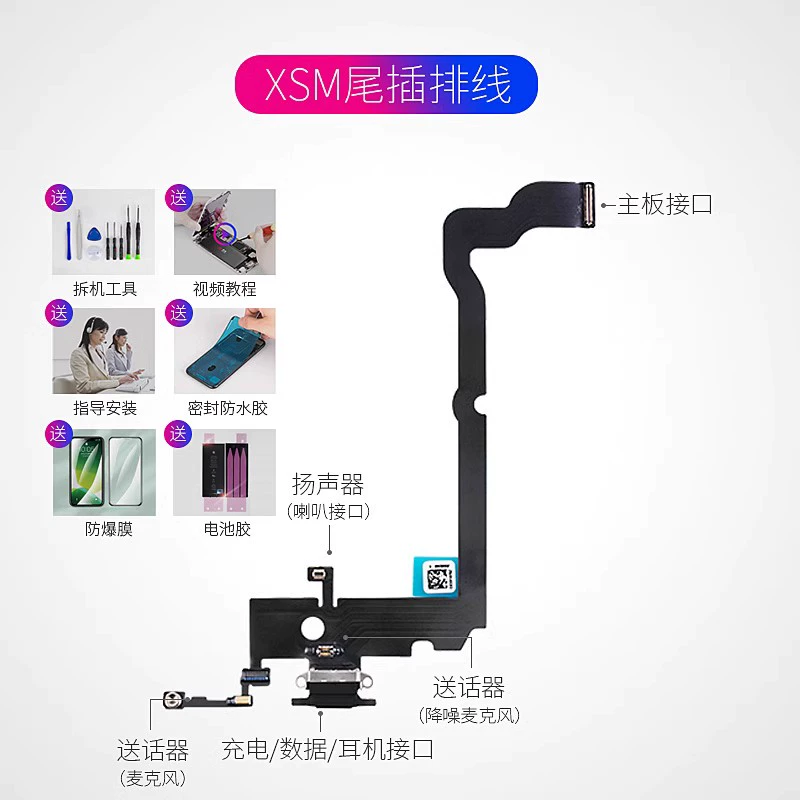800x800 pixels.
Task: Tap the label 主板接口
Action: [664, 205]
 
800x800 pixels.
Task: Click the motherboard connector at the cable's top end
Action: [588, 206]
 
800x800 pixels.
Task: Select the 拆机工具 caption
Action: [105, 289]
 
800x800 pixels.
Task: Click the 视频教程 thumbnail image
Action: [226, 232]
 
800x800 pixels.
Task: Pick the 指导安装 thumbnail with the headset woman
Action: [104, 350]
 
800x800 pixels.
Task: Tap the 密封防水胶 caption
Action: [227, 408]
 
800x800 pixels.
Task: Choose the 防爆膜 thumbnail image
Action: [104, 472]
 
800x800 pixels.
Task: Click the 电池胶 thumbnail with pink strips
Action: [226, 472]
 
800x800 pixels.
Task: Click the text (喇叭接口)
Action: [328, 511]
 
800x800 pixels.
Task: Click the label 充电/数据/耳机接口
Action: [327, 748]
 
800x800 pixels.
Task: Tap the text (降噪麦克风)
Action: [469, 715]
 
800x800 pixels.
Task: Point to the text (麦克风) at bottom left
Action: [152, 777]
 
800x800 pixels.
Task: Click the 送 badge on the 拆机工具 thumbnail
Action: [59, 197]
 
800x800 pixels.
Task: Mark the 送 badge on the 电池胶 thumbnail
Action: [180, 434]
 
